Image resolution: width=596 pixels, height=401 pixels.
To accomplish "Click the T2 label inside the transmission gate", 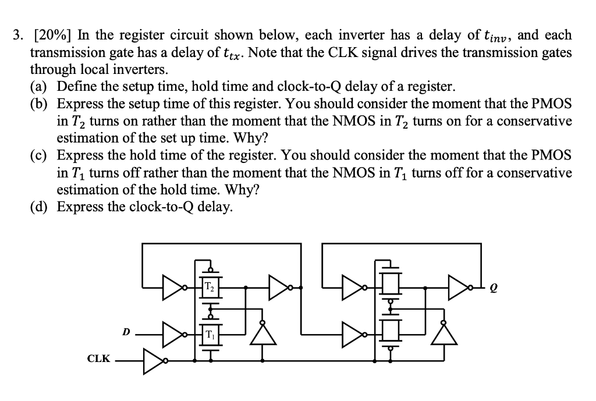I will coord(210,287).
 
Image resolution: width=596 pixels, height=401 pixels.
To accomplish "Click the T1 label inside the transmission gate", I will coord(210,335).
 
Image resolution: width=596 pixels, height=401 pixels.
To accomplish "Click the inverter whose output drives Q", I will coord(459,287).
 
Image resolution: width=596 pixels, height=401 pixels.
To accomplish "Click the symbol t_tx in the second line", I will coord(233,54).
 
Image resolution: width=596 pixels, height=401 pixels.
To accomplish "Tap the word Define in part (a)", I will coord(76,87).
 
